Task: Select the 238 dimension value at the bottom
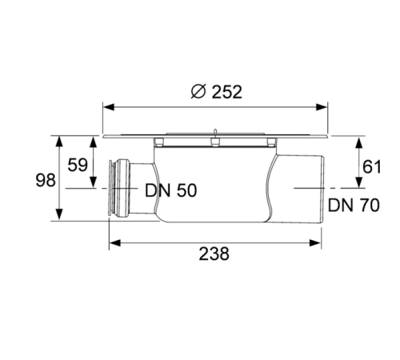pyautogui.click(x=213, y=254)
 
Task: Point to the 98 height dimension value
pyautogui.click(x=46, y=180)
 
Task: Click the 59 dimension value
pyautogui.click(x=78, y=166)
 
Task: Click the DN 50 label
pyautogui.click(x=170, y=190)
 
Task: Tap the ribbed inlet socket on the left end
pyautogui.click(x=119, y=189)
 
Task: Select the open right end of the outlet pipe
pyautogui.click(x=322, y=188)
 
